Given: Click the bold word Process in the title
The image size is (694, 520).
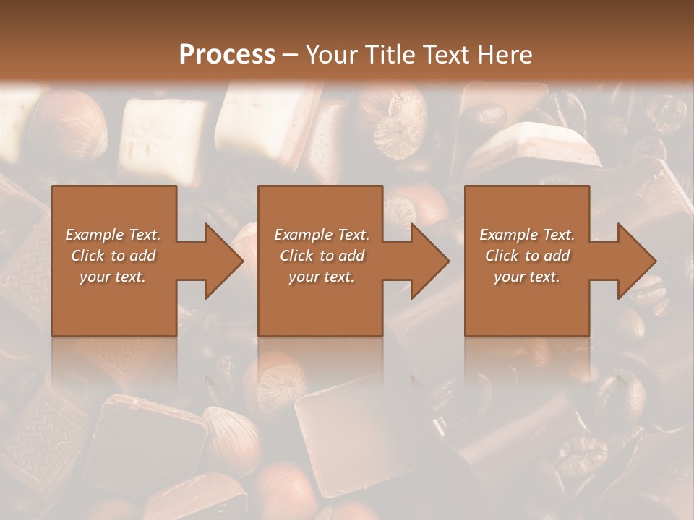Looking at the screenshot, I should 227,54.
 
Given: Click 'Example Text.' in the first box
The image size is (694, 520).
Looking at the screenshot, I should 113,235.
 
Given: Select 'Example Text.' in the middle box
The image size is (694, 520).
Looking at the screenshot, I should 322,235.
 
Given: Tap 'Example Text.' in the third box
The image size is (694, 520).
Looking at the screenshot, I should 527,235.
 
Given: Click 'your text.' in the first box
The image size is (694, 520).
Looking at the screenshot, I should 113,277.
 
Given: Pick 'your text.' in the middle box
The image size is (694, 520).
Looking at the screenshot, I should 322,277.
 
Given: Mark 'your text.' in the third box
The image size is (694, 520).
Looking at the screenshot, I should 527,277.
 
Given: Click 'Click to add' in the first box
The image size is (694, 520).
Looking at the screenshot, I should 113,256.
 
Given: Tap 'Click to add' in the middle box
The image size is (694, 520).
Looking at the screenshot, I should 322,256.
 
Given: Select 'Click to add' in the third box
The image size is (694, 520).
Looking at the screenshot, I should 527,256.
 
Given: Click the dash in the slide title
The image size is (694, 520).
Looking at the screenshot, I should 291,55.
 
